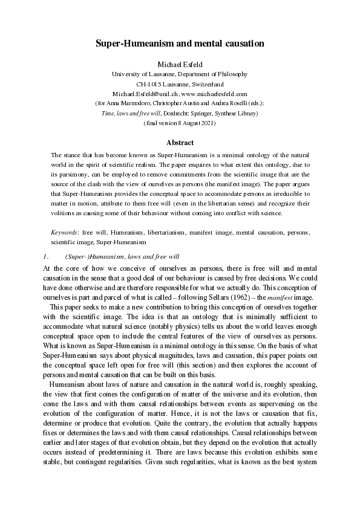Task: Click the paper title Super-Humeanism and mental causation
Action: [x=180, y=44]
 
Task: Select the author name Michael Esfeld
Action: [x=180, y=63]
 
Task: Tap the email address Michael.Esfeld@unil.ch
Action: [x=144, y=94]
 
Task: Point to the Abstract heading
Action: [x=180, y=143]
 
